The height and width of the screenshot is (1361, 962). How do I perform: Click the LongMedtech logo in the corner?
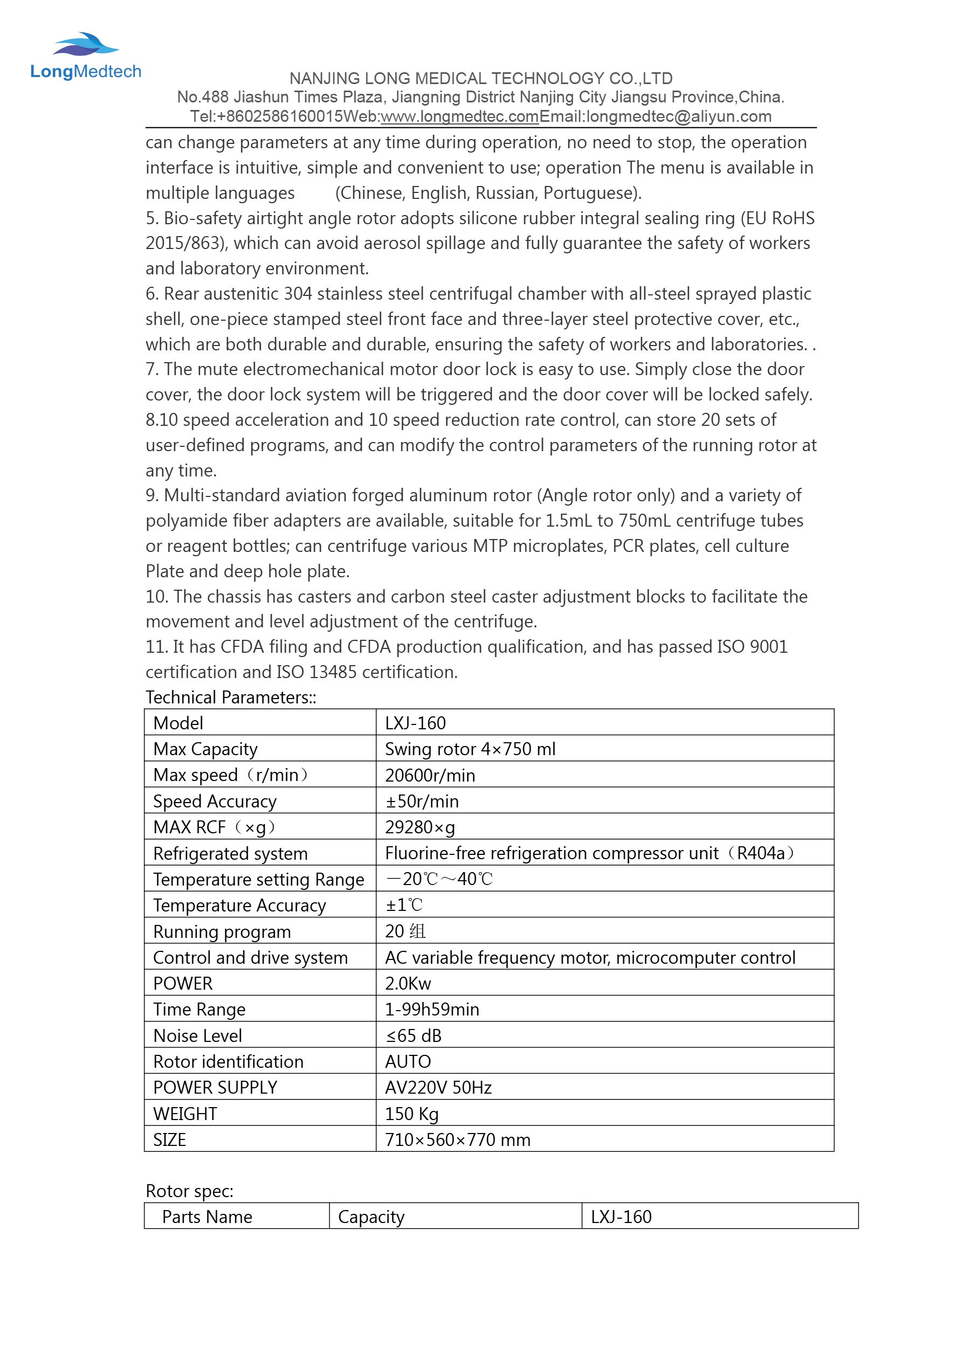85,56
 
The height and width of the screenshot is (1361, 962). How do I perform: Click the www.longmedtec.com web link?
459,116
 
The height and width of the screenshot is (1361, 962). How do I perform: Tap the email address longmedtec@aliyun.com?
679,116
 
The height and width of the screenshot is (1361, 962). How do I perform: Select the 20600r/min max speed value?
430,775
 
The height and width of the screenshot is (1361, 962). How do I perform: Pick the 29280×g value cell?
420,827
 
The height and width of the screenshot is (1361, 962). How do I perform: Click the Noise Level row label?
197,1035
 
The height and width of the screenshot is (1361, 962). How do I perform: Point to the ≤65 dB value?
413,1035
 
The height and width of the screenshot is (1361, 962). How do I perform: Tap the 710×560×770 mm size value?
457,1140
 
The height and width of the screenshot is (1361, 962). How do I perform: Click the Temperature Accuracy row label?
239,905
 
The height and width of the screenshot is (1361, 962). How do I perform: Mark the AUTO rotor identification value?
408,1062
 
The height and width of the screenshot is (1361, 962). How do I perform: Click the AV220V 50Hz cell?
438,1088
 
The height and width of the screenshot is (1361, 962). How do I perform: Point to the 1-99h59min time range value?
432,1010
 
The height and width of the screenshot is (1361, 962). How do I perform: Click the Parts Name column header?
207,1217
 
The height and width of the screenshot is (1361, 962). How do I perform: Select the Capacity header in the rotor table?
371,1217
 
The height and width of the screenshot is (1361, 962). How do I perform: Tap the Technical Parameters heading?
231,697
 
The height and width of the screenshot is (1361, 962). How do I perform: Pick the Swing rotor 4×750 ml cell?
470,749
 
